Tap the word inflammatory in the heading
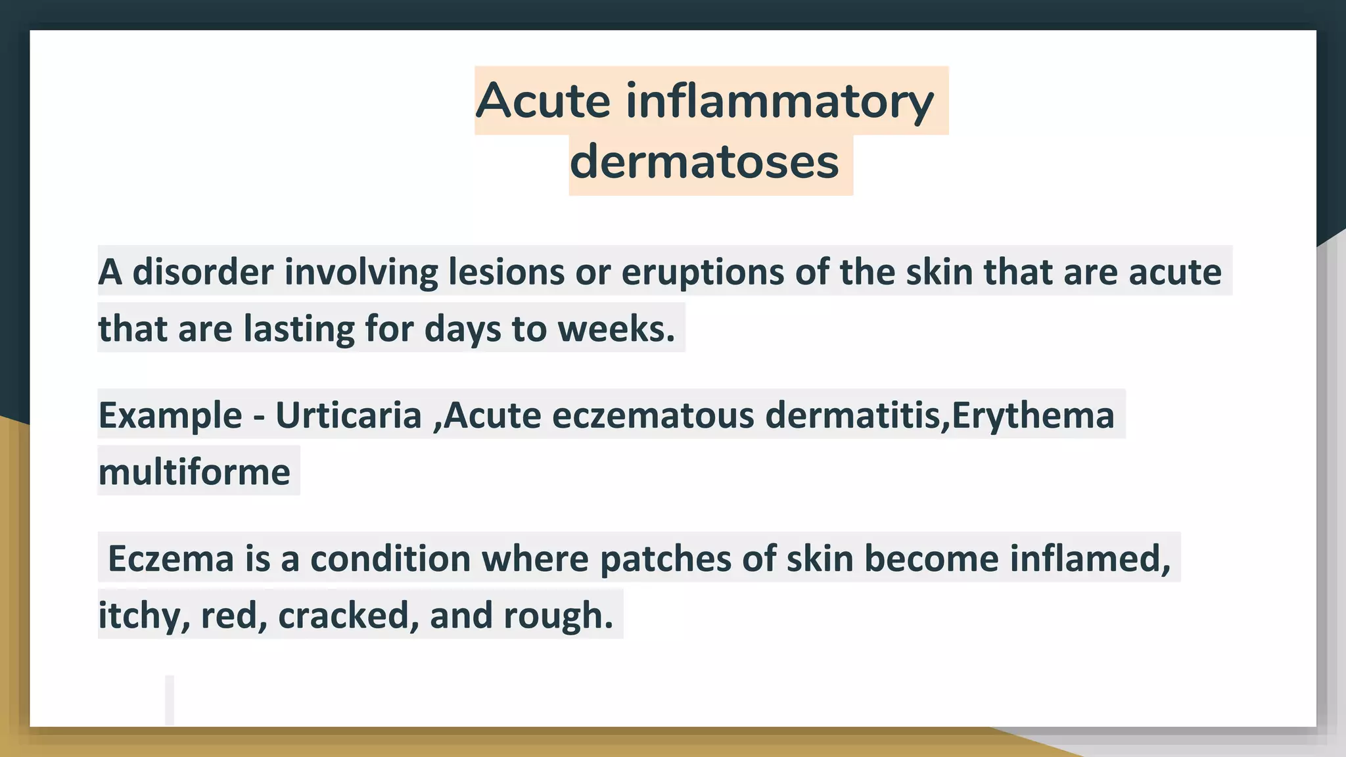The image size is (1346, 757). (779, 101)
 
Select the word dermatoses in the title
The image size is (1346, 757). (704, 162)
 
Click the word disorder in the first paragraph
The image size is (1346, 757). (202, 272)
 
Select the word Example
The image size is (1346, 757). (170, 415)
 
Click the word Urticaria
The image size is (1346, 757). (348, 415)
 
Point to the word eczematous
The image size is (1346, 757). (653, 415)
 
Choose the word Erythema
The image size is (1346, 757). (1033, 415)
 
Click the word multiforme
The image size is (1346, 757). (194, 472)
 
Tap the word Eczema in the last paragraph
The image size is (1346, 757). (170, 559)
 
